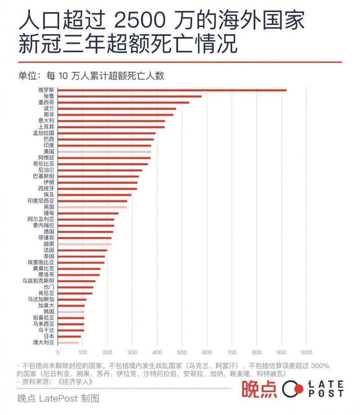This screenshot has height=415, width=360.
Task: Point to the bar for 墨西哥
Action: pos(123,103)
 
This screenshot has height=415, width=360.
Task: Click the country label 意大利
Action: pos(46,120)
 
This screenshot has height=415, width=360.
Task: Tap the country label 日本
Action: pos(49,336)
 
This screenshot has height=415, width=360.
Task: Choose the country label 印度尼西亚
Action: pos(40,201)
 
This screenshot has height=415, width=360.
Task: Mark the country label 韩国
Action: pos(49,311)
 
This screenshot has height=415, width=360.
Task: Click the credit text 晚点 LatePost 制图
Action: pos(58,398)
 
